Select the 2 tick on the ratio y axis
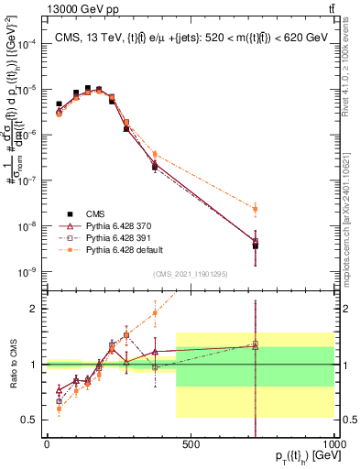(x=37, y=309)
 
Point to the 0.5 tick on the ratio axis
(x=32, y=420)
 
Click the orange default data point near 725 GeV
(x=256, y=209)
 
